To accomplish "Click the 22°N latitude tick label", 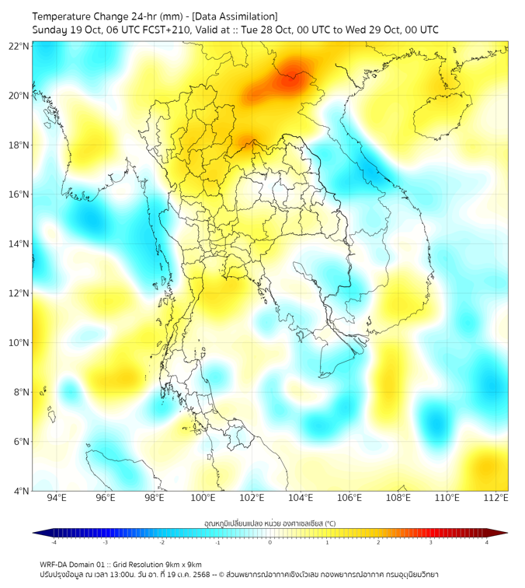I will pos(19,47).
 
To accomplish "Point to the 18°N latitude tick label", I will pos(19,145).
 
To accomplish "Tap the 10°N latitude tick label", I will pos(19,343).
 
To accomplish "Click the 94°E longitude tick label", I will pos(57,499).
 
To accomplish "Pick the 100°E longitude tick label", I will pos(203,499).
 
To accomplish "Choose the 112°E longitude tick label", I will pos(495,499).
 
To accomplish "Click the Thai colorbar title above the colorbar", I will pos(269,523).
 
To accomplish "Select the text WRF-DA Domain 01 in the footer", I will pos(76,564).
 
